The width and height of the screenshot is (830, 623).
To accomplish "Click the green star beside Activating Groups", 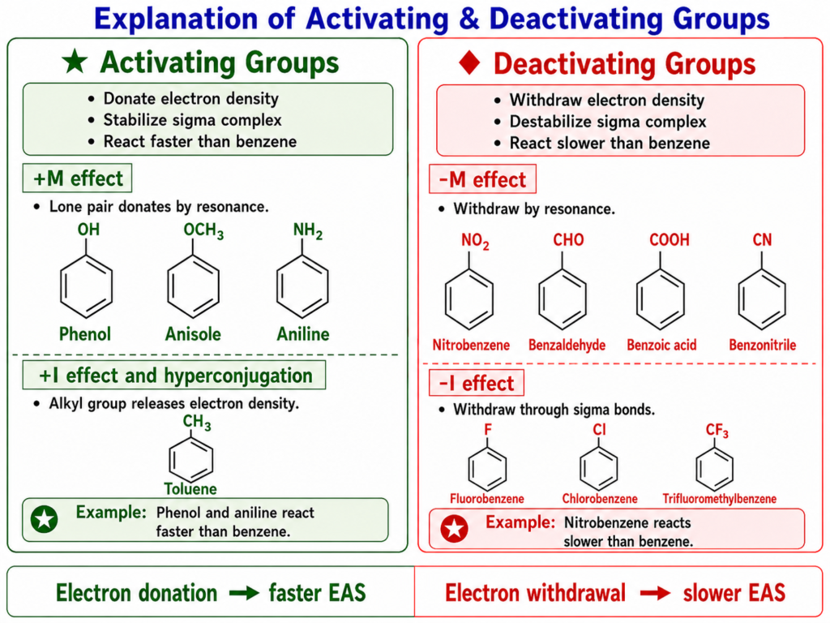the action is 75,62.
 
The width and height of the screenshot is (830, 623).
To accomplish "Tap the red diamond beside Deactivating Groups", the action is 469,62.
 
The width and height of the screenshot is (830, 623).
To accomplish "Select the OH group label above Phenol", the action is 88,230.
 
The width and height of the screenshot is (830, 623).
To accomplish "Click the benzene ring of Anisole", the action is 193,286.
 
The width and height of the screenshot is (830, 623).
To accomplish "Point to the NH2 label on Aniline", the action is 307,231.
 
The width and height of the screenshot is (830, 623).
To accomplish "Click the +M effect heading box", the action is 77,178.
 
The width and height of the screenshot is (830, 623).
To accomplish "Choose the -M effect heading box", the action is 482,179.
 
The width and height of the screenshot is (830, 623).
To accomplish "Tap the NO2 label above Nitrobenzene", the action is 475,242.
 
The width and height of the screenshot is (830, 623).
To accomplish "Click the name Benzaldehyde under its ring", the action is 567,345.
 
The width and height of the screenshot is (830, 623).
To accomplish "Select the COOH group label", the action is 670,240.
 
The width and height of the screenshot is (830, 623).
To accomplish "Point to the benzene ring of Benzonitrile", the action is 762,299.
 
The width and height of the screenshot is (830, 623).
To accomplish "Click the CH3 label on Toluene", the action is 197,423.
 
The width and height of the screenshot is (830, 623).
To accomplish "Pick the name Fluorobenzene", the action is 487,499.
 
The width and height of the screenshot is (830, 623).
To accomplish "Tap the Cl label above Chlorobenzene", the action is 599,429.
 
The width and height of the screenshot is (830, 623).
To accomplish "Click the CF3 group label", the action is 717,431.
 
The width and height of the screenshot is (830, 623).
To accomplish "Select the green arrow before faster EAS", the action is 244,593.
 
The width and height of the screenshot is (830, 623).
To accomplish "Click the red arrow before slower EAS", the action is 655,593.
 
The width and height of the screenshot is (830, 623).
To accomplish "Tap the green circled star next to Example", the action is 45,519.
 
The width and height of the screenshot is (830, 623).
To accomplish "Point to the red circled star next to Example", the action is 454,529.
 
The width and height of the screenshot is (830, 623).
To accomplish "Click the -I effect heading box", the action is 477,383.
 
